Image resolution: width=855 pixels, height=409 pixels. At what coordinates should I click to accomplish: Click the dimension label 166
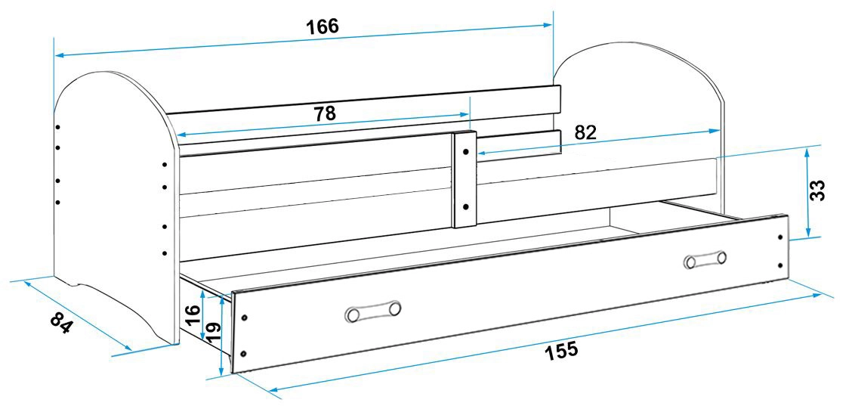[x=323, y=26]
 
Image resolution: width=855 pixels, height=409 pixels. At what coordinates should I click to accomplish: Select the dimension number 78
[x=325, y=113]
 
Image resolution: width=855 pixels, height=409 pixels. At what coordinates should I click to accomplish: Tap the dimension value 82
[x=585, y=133]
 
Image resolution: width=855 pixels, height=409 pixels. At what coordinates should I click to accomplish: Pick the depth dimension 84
[x=61, y=323]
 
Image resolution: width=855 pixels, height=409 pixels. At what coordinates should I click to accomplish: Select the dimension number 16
[x=193, y=316]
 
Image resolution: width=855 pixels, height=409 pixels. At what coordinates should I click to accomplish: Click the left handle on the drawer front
[x=374, y=311]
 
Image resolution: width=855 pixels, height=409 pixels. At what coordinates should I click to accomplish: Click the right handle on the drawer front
[x=705, y=259]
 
